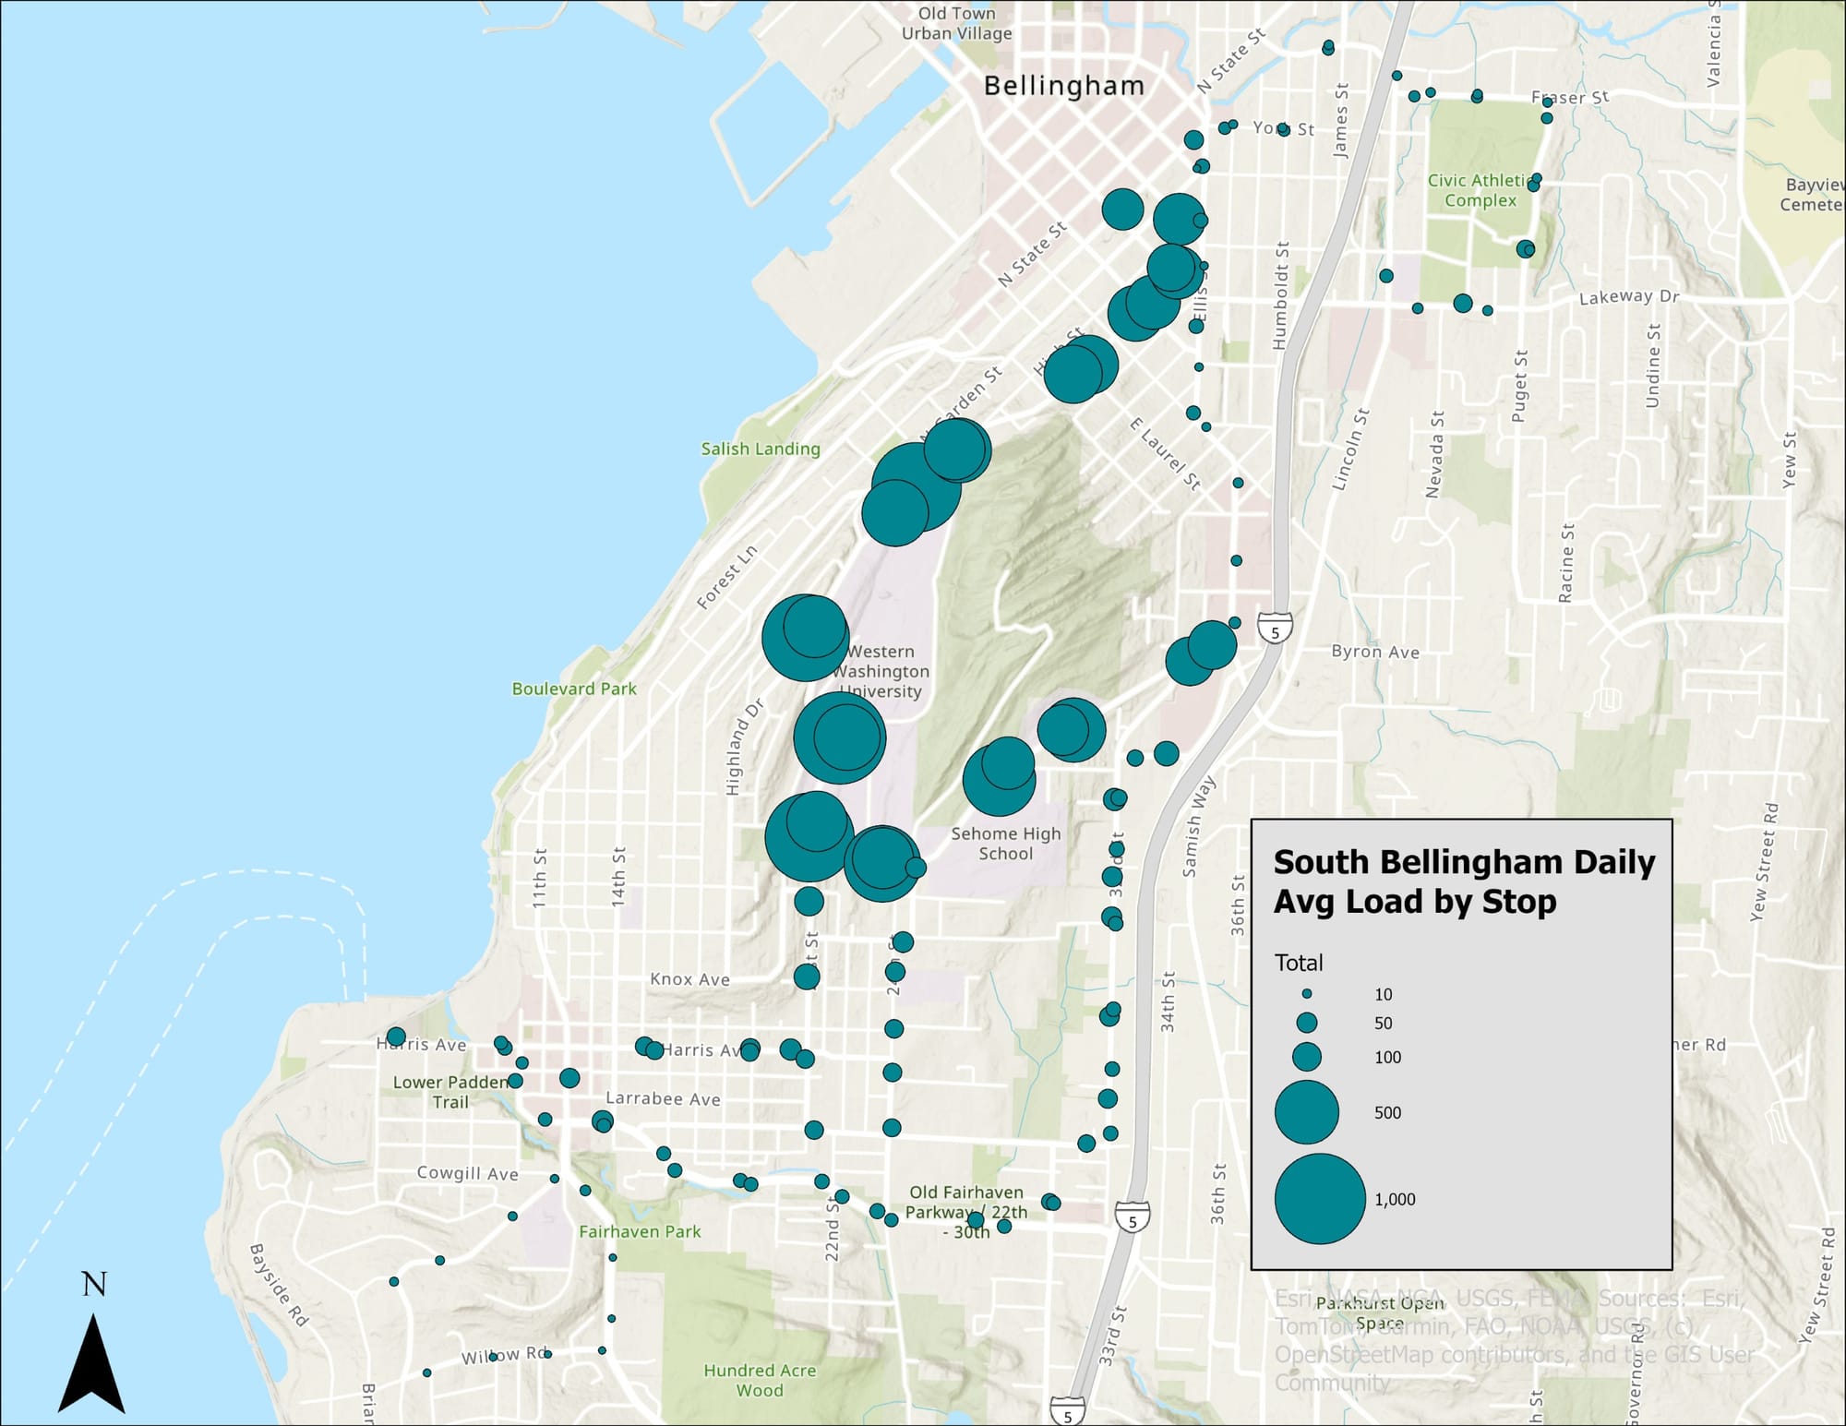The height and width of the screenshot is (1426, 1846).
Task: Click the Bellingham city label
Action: point(1063,87)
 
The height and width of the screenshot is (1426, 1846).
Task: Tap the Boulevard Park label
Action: point(574,689)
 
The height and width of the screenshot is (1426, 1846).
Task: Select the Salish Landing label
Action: point(761,449)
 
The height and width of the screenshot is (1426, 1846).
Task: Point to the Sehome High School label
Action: point(1006,844)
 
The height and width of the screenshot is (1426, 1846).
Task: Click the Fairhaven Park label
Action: point(640,1231)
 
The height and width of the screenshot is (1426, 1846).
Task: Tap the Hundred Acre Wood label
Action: point(760,1380)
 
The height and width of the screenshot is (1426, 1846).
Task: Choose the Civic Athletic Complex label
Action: point(1480,190)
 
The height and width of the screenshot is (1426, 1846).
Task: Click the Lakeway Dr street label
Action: point(1629,297)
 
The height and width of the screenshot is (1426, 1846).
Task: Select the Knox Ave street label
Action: point(689,979)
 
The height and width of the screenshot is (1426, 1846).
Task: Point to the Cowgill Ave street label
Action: point(467,1173)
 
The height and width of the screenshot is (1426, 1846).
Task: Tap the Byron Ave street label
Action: point(1375,652)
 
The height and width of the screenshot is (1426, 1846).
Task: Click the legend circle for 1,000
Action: point(1319,1198)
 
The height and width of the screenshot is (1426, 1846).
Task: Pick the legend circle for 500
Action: point(1306,1112)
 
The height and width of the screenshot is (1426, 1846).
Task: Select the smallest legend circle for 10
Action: point(1307,994)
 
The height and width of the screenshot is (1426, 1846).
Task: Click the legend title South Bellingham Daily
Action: point(1464,862)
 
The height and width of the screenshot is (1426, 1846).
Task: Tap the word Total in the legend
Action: point(1299,963)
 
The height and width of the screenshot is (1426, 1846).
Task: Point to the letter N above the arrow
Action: point(93,1284)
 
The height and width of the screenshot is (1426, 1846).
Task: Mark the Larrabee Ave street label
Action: point(663,1098)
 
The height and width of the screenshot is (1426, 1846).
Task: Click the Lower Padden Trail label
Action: point(450,1092)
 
